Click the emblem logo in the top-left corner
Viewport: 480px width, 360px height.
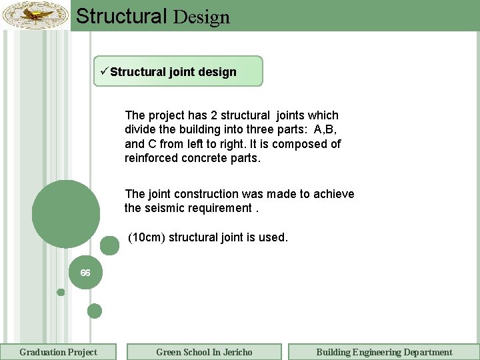coord(35,15)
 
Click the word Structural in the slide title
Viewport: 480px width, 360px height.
coord(121,16)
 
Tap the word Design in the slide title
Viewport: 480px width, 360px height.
coord(201,17)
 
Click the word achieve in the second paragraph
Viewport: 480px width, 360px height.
coord(333,194)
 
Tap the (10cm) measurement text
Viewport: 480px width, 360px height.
coord(147,237)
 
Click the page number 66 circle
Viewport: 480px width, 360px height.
coord(85,273)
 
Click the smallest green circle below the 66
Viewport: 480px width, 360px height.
coord(61,292)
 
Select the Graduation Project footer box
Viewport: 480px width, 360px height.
coord(58,352)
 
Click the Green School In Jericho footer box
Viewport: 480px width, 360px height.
coord(204,352)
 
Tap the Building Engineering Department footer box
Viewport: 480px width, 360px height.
coord(384,352)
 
